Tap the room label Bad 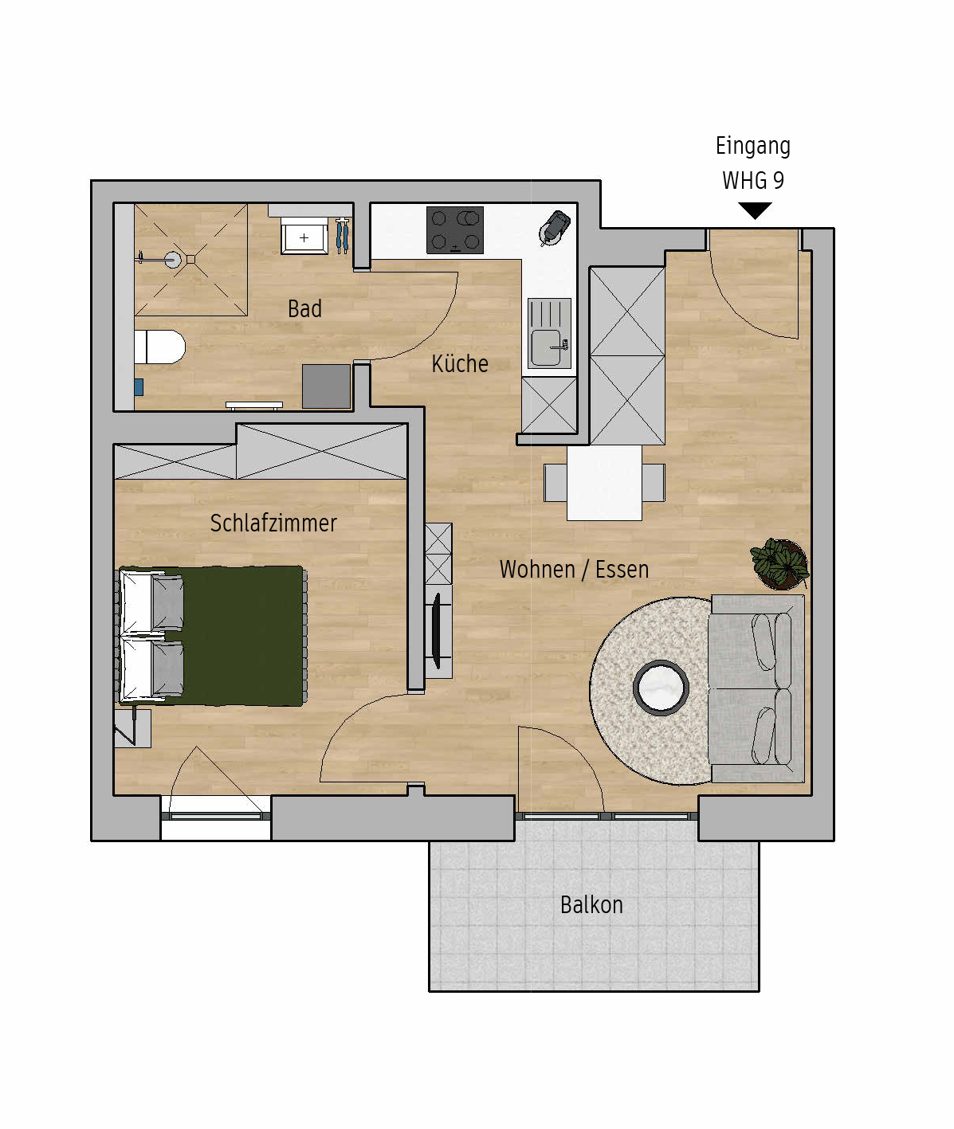(304, 309)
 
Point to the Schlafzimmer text (273, 523)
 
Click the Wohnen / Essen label (574, 570)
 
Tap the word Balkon (591, 905)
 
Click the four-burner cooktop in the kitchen (455, 229)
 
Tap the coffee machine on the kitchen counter (555, 228)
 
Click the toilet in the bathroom (159, 347)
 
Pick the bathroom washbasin (304, 237)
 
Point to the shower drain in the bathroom (173, 260)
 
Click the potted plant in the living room (779, 563)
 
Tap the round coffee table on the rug (661, 688)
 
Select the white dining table (605, 482)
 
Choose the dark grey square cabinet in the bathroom (326, 386)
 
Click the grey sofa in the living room (756, 689)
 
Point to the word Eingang (753, 146)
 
